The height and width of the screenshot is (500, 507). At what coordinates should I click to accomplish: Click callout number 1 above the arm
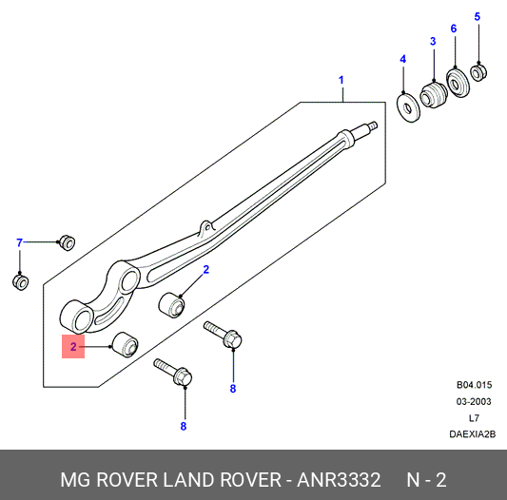click(x=341, y=80)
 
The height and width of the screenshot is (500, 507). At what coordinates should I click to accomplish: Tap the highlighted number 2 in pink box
click(x=73, y=346)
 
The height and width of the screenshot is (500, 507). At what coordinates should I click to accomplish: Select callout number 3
click(x=433, y=41)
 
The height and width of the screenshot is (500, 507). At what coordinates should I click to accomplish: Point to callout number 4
click(x=402, y=59)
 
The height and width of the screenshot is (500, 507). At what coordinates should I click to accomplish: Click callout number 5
click(x=478, y=16)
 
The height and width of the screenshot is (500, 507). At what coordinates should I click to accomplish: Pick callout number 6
click(x=454, y=29)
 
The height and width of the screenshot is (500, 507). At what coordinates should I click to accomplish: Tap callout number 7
click(x=20, y=242)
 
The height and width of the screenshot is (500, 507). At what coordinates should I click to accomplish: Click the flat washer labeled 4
click(x=408, y=108)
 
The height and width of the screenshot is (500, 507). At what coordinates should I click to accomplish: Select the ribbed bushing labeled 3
click(x=434, y=95)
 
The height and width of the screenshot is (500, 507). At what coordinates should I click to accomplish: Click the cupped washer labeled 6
click(x=458, y=83)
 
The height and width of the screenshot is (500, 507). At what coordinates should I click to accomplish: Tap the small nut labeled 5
click(x=478, y=73)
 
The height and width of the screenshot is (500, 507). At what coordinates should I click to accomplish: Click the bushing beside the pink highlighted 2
click(x=126, y=345)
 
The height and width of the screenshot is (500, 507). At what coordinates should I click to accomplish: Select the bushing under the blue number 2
click(x=171, y=305)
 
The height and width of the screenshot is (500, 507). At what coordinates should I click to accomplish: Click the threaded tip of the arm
click(x=373, y=125)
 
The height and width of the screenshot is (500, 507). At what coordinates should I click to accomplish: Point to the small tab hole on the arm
click(x=207, y=228)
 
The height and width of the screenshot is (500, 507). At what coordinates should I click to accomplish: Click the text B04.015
click(x=474, y=385)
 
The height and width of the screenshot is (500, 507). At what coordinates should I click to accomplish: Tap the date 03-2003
click(x=474, y=402)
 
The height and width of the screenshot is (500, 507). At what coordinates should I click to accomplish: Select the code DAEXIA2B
click(x=473, y=434)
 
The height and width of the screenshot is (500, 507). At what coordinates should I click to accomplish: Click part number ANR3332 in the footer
click(x=339, y=480)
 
